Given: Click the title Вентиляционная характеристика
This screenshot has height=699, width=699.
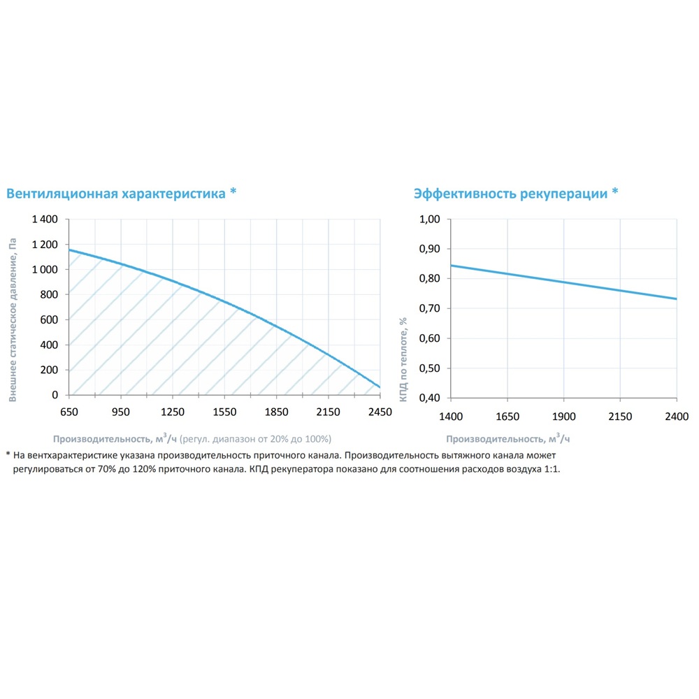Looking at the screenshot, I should [116, 194].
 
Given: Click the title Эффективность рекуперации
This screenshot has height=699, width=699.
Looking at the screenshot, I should [510, 194].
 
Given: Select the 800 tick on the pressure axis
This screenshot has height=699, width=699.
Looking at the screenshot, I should [50, 295].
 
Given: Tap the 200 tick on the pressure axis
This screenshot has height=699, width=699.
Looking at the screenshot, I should [50, 370].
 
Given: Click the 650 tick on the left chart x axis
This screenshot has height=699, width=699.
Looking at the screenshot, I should [69, 412].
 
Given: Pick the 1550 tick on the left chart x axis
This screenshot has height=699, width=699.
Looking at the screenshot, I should [224, 412].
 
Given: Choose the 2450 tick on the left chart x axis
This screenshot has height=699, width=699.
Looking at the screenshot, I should [380, 412].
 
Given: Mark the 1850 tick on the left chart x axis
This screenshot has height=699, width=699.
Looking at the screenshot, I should [276, 412].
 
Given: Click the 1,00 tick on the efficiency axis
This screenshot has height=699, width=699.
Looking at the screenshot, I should [429, 219].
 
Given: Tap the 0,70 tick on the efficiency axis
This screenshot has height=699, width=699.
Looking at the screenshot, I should [429, 309].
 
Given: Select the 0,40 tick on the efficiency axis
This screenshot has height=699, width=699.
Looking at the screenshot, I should [429, 398].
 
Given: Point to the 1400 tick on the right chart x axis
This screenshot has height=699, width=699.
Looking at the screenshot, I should [451, 417].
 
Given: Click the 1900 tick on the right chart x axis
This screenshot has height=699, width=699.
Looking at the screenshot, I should [563, 417].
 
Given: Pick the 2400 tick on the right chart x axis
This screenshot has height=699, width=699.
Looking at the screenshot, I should [677, 417].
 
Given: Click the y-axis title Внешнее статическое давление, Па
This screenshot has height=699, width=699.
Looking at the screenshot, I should [13, 319].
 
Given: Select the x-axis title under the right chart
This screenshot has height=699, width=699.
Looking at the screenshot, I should [508, 439].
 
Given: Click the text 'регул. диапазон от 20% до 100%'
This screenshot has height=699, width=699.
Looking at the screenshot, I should [256, 439].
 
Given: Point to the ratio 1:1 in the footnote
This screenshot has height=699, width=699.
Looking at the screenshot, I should [550, 469].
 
